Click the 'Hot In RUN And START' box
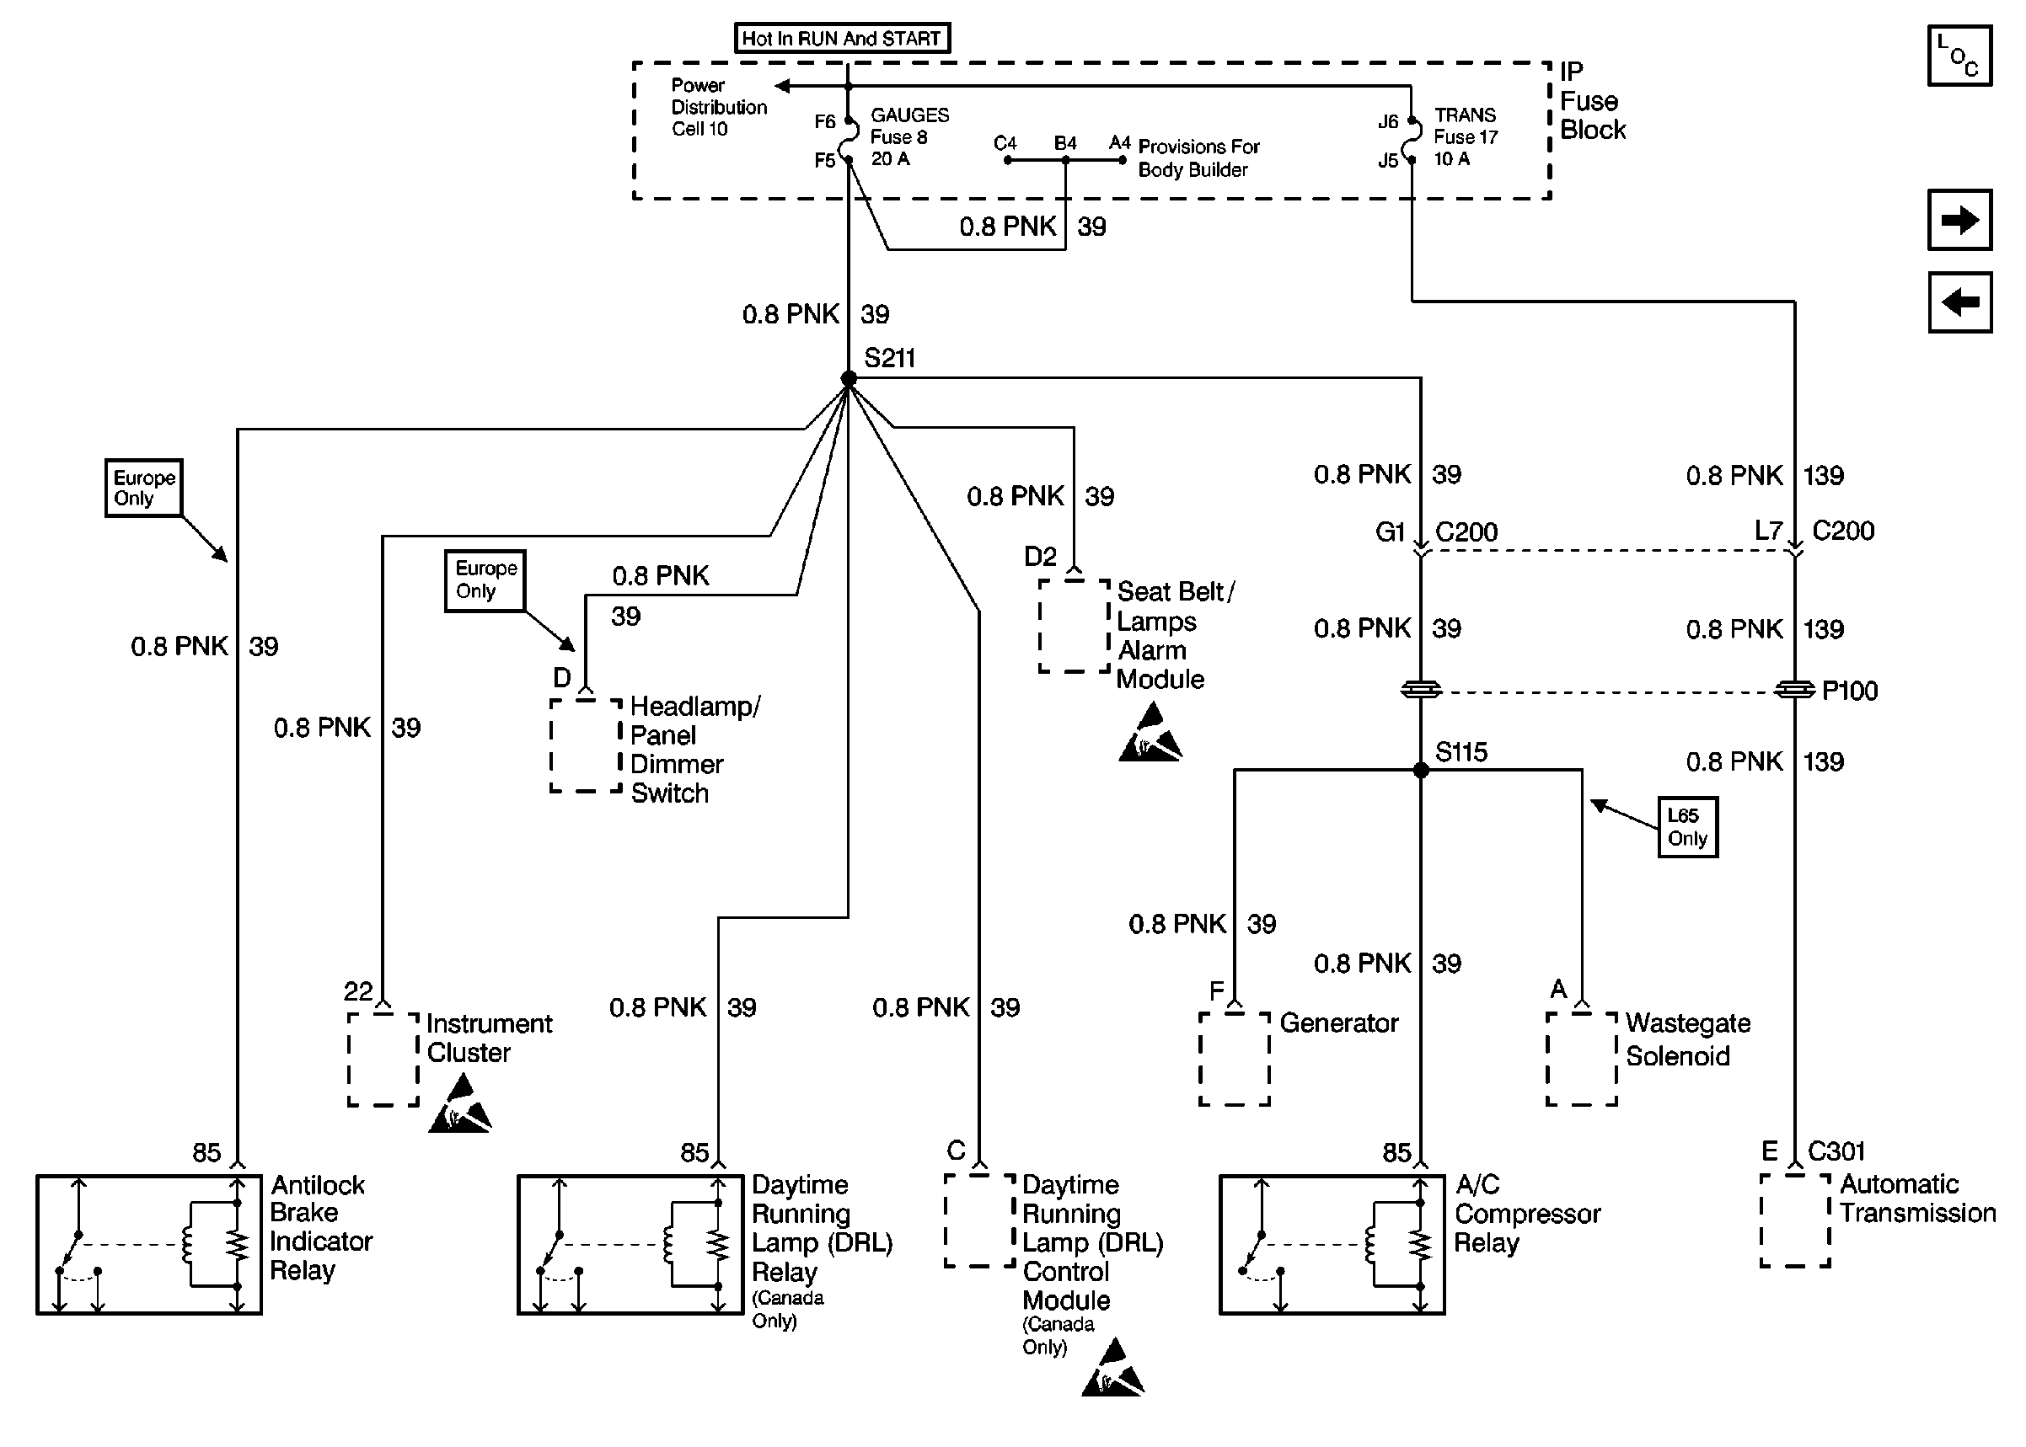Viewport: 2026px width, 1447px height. [x=841, y=38]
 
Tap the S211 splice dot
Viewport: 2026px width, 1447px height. [x=849, y=379]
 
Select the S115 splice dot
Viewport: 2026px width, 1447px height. [x=1421, y=770]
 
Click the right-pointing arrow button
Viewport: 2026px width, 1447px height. [x=1959, y=220]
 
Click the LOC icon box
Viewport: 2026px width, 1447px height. [x=1959, y=56]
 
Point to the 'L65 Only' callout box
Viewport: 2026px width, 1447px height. [x=1687, y=827]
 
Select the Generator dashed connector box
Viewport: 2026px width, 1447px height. [x=1235, y=1059]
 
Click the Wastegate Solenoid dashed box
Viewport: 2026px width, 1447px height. [x=1581, y=1059]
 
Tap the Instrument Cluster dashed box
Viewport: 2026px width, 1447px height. [x=383, y=1059]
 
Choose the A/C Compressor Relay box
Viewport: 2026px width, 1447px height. [x=1332, y=1245]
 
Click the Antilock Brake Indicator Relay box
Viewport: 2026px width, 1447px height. [x=149, y=1245]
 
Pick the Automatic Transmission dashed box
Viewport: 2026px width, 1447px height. [x=1795, y=1220]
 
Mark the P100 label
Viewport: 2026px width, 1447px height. [x=1850, y=691]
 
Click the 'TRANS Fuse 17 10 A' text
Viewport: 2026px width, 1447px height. [x=1466, y=137]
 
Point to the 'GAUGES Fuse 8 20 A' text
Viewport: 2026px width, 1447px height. [x=908, y=137]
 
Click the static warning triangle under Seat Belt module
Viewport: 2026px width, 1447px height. [x=1150, y=734]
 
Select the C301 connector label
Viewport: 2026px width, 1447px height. [x=1836, y=1151]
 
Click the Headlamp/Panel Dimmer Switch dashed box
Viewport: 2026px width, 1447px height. [x=586, y=745]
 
